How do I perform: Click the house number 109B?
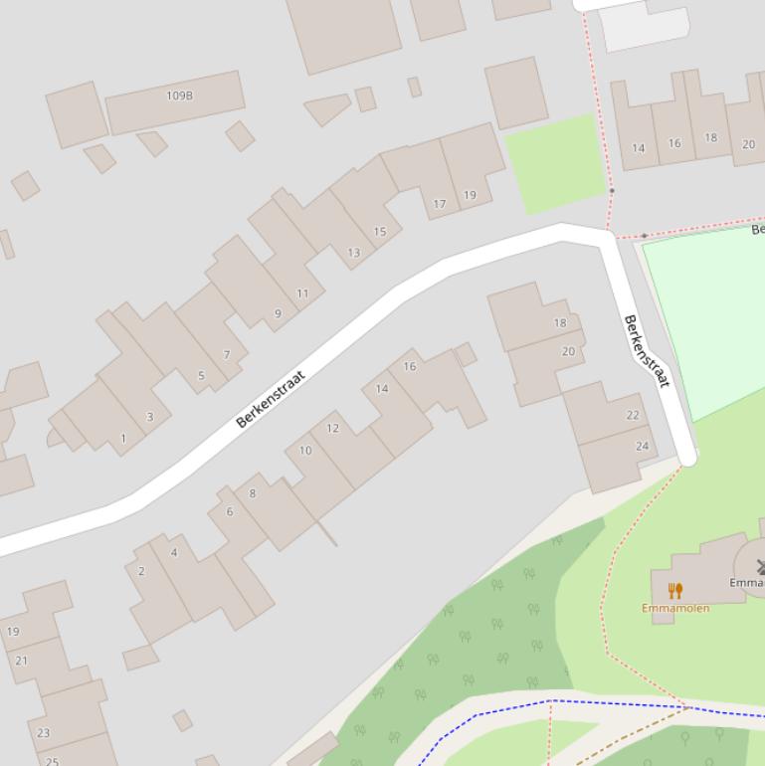point(179,96)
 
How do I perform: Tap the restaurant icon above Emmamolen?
point(675,591)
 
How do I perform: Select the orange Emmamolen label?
point(675,608)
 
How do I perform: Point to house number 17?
point(440,204)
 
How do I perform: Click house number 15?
point(379,232)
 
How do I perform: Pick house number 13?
point(353,253)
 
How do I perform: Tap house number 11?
point(302,293)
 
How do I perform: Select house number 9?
point(278,313)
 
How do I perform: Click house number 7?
point(227,355)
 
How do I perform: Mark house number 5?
point(201,375)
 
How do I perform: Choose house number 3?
point(150,417)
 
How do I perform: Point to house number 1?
point(123,439)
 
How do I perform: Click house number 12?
point(332,429)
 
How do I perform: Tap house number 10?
point(305,451)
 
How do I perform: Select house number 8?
point(253,493)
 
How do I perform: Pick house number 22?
point(633,415)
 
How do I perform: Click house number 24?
point(642,446)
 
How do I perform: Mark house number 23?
point(43,733)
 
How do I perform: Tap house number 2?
point(141,571)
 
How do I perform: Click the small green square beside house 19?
point(554,162)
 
